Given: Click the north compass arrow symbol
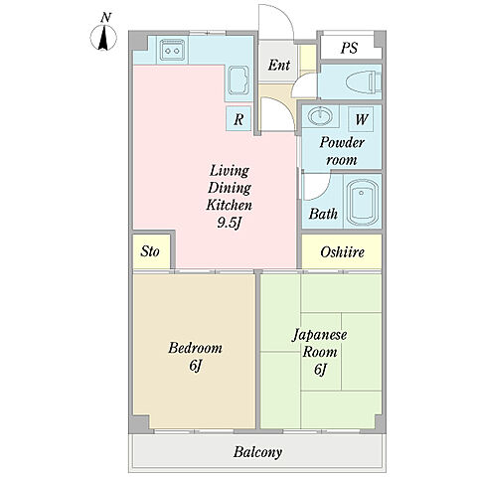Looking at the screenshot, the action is (x=103, y=37).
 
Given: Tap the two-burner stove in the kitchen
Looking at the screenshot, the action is (x=172, y=51).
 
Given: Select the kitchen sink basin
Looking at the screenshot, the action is (x=238, y=80).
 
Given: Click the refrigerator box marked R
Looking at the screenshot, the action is (x=238, y=118).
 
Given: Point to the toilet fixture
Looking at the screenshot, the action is (x=363, y=81).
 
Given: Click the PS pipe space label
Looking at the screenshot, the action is (x=349, y=48).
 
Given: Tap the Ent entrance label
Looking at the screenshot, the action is (x=279, y=65).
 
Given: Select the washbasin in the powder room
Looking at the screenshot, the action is (x=320, y=116).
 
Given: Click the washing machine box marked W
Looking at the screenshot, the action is (x=361, y=118).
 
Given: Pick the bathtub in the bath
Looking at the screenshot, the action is (x=363, y=202).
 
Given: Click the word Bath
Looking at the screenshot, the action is (x=323, y=214).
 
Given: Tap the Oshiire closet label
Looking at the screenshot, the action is (x=342, y=252).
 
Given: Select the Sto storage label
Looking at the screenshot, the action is (x=150, y=251).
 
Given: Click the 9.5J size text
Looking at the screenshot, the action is (x=229, y=223).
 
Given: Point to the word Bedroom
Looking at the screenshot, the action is (x=195, y=348).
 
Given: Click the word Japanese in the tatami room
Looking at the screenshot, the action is (x=319, y=335).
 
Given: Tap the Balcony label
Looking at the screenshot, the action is (x=257, y=452).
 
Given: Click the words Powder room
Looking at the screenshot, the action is (x=342, y=151).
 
